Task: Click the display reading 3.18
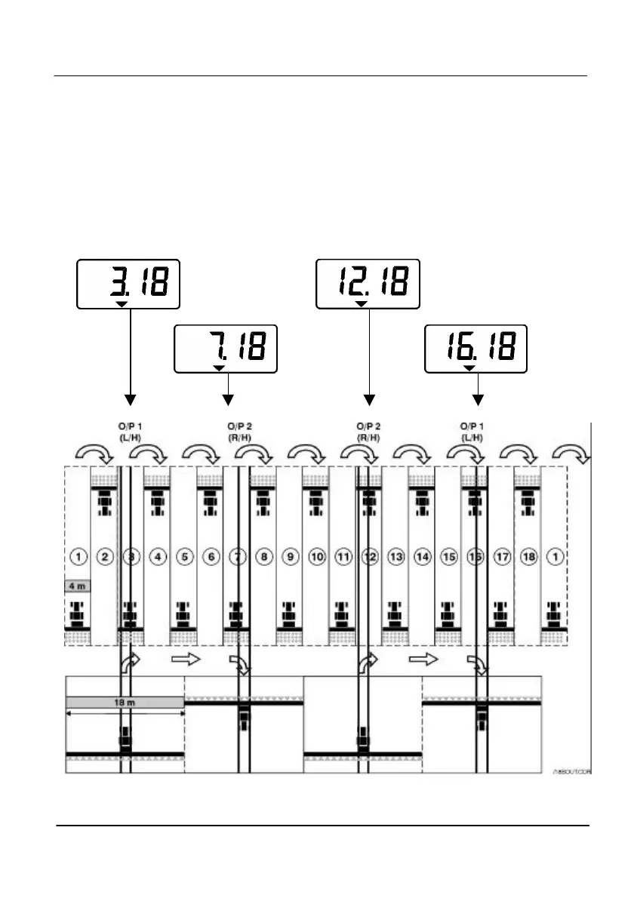pyautogui.click(x=128, y=284)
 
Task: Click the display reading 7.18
pyautogui.click(x=226, y=349)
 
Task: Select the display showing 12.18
pyautogui.click(x=368, y=284)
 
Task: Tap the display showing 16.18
pyautogui.click(x=475, y=349)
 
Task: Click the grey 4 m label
pyautogui.click(x=78, y=586)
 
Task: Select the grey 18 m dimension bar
pyautogui.click(x=125, y=702)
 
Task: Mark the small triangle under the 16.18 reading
pyautogui.click(x=469, y=368)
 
